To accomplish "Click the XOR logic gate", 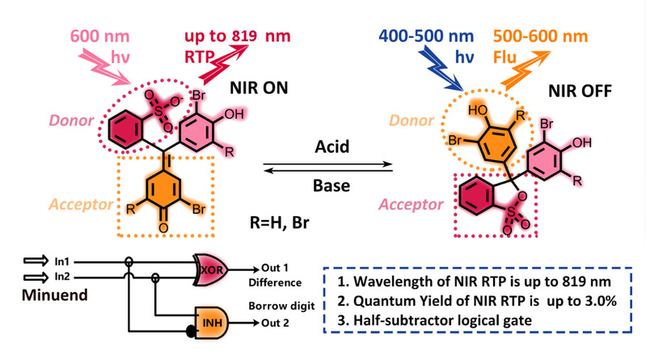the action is (211, 269).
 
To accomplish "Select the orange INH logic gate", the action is (211, 323).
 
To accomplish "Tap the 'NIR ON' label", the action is (259, 88).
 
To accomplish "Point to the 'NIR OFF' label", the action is (580, 91).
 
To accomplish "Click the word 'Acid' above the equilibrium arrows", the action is (332, 146).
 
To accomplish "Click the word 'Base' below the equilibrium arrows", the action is (331, 185).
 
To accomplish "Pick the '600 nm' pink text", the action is (99, 36).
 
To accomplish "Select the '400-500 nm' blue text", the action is (426, 36).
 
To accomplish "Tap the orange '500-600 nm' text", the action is (540, 36).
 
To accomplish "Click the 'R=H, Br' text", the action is (279, 222).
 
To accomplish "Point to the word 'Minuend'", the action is (55, 294).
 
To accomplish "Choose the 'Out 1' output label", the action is (275, 268).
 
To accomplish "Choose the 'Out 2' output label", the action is (275, 323).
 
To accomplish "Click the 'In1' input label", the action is (61, 261).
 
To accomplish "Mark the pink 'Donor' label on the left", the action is (71, 121).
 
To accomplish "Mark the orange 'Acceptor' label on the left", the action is (81, 205).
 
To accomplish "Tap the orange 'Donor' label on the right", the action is (412, 121).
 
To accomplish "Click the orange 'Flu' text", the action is (505, 57).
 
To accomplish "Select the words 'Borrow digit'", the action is (281, 306).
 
